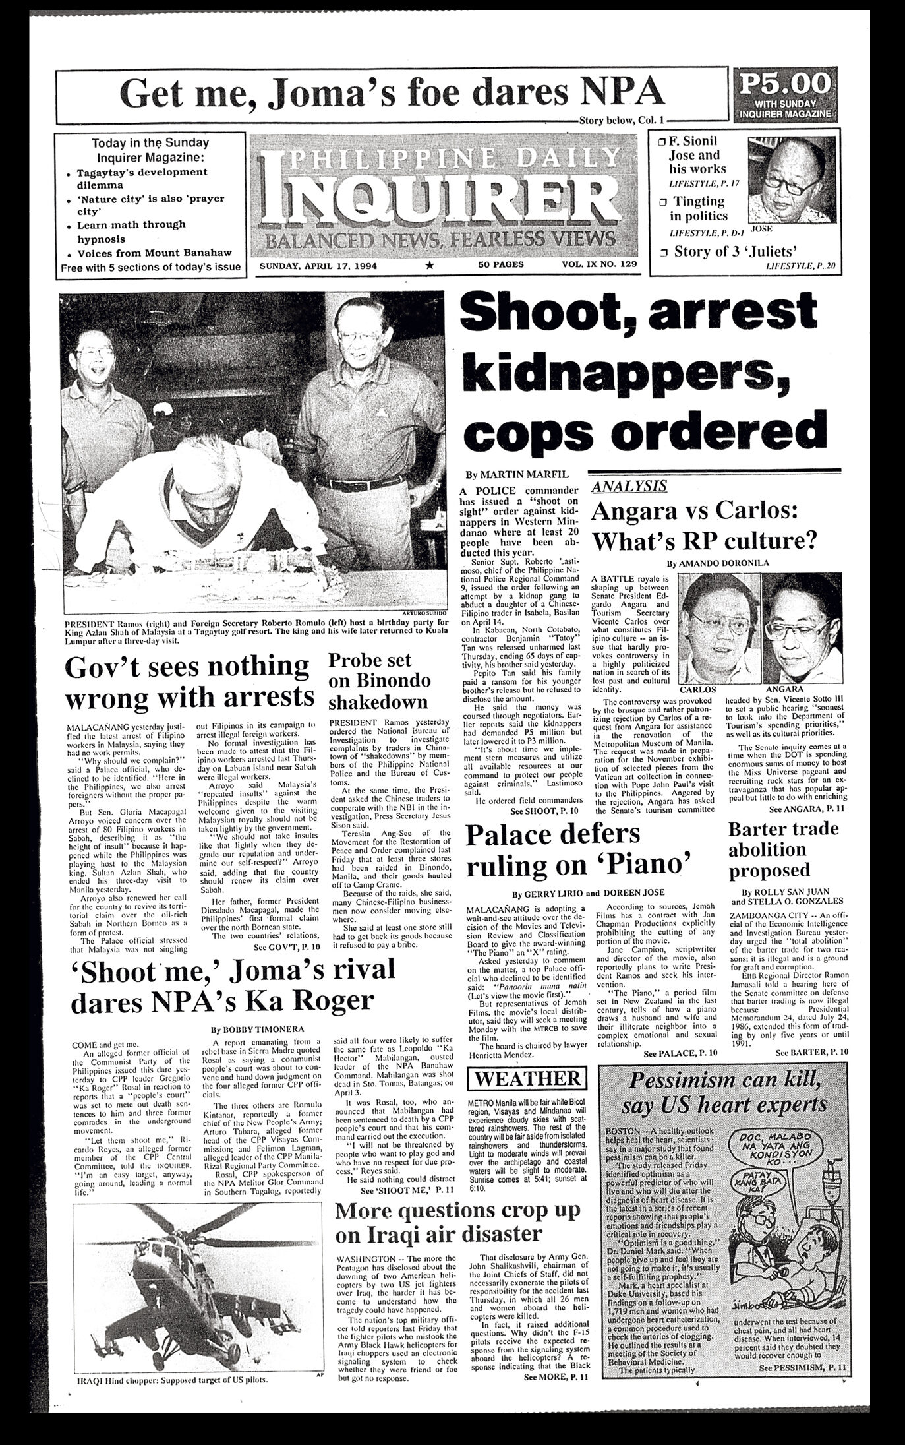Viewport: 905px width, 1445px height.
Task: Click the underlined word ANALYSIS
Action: pyautogui.click(x=628, y=487)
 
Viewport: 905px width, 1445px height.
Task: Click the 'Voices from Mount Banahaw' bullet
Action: pyautogui.click(x=154, y=253)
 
